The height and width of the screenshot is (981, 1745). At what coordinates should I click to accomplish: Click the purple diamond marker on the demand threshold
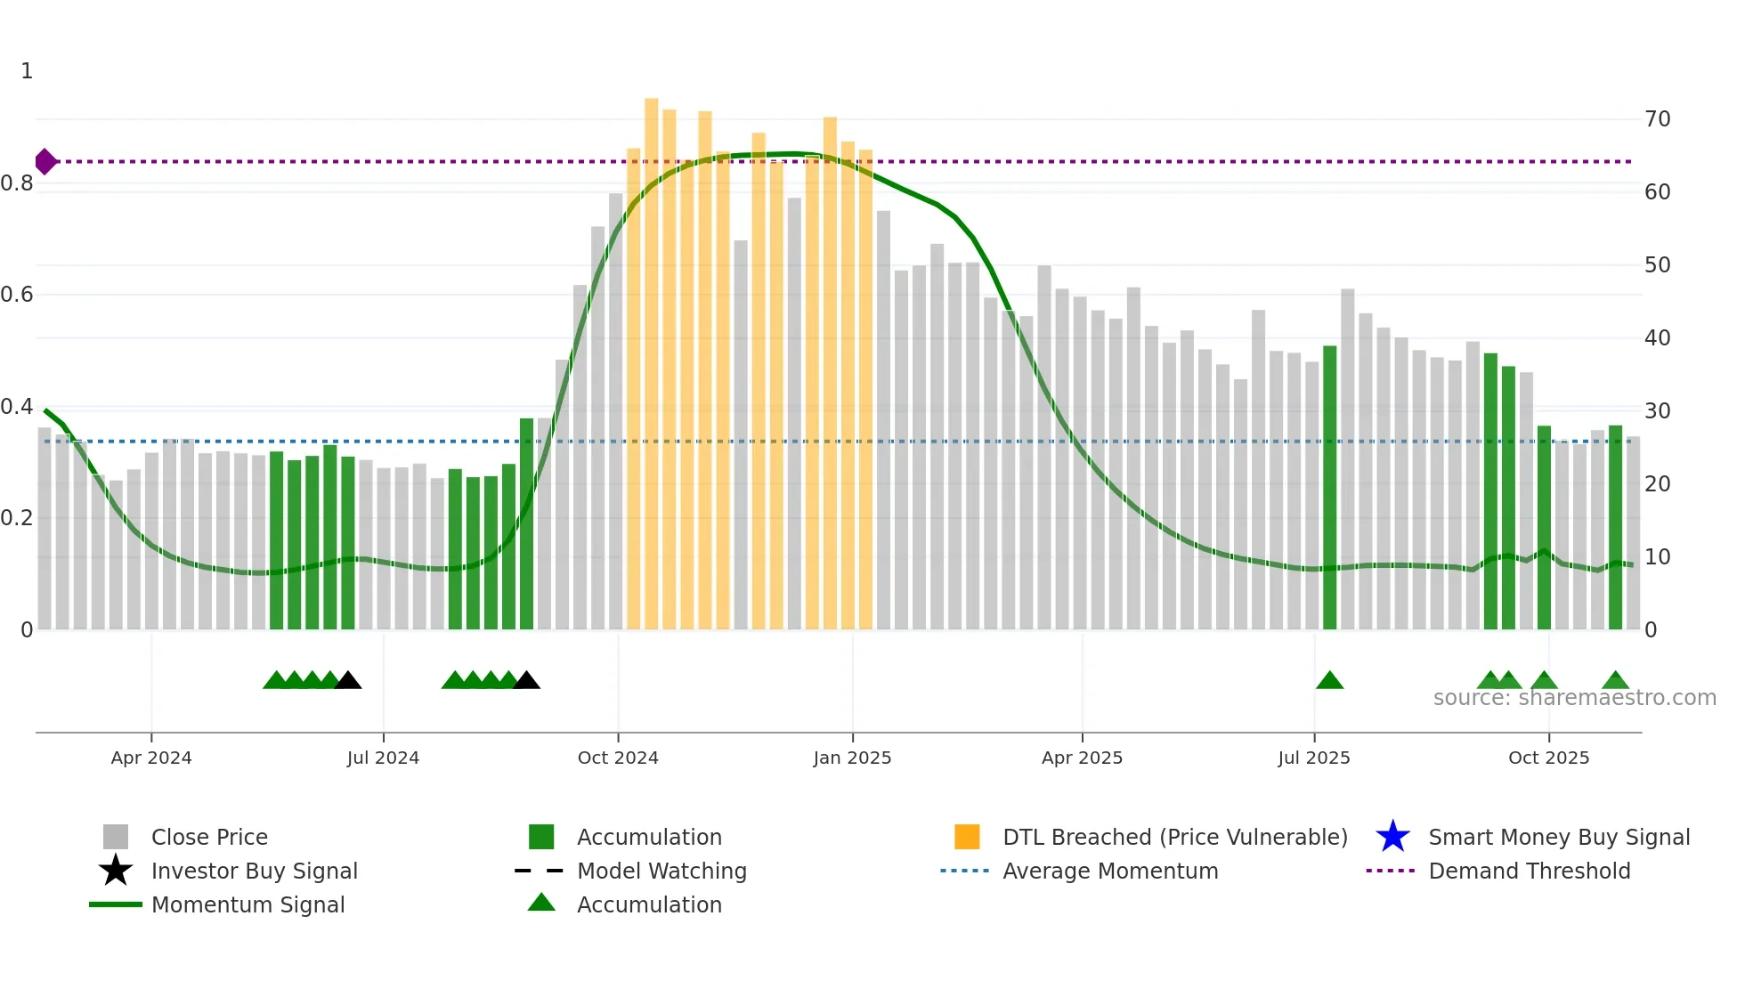click(x=45, y=162)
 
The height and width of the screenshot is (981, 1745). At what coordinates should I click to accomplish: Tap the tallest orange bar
click(x=651, y=356)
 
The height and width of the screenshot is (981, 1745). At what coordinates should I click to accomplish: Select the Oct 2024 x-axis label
click(x=618, y=758)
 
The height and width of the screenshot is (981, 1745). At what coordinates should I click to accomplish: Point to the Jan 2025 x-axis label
click(x=852, y=758)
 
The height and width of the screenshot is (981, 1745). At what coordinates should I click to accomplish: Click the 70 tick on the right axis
click(x=1657, y=119)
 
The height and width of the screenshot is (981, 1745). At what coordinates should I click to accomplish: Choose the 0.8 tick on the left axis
click(x=17, y=183)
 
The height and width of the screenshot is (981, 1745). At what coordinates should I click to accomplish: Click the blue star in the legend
click(x=1392, y=837)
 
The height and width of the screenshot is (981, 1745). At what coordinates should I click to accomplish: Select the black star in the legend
click(x=116, y=871)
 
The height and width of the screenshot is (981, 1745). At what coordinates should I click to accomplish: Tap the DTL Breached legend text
click(x=1174, y=837)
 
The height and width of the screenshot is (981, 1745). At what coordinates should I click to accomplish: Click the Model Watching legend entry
click(x=661, y=871)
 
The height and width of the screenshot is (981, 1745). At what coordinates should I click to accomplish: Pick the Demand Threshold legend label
click(x=1529, y=871)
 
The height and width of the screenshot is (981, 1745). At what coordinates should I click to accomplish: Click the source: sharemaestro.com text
click(x=1574, y=698)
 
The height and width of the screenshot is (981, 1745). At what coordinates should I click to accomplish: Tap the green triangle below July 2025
click(x=1329, y=681)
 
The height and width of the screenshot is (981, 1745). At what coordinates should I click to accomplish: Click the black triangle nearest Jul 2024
click(x=348, y=681)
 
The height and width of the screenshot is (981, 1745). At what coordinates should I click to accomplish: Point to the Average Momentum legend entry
click(x=1109, y=871)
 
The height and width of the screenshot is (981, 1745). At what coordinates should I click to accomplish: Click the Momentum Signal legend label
click(x=248, y=904)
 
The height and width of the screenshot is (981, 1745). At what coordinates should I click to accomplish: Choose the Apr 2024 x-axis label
click(x=151, y=758)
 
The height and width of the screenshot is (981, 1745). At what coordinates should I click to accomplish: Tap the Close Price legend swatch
click(x=116, y=837)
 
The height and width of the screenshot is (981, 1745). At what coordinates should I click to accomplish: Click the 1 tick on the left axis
click(x=27, y=71)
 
